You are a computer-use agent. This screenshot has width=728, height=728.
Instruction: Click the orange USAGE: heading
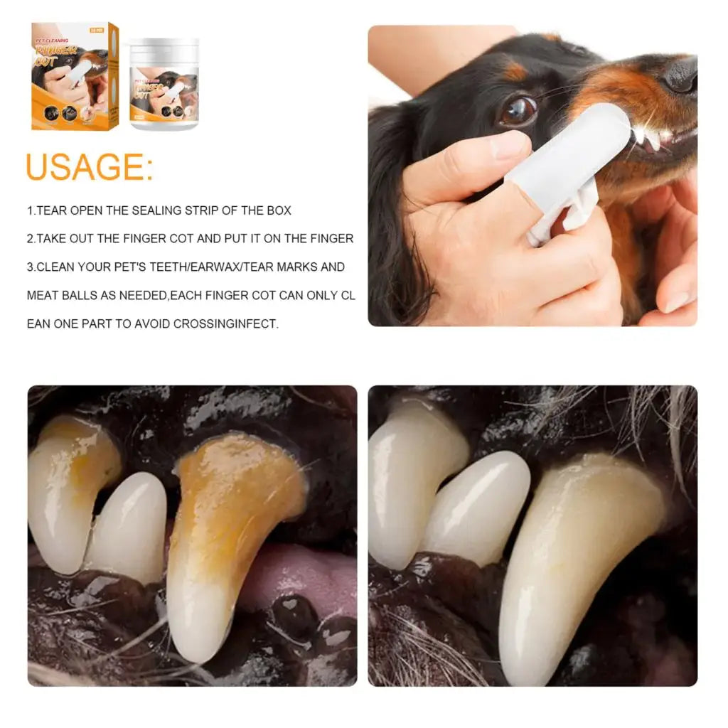(x=89, y=167)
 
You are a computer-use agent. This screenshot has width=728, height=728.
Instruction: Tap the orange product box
(x=74, y=77)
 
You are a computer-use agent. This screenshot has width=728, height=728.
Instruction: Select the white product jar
(x=164, y=85)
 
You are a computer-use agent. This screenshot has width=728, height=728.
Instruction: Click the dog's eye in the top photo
(x=518, y=110)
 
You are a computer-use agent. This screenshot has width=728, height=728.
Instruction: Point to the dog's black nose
(x=680, y=73)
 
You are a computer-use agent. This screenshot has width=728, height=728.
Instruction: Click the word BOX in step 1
(x=278, y=210)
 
